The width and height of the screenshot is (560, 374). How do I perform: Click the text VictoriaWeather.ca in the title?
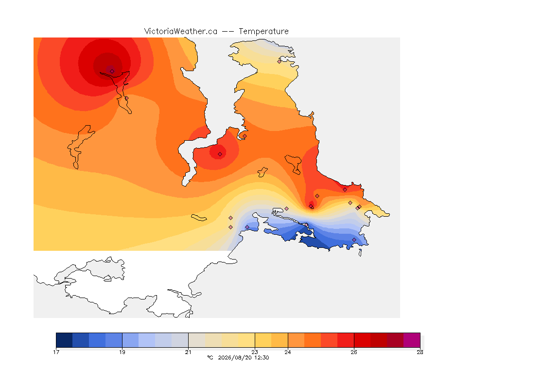point(181,32)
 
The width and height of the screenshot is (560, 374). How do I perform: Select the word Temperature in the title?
point(263,32)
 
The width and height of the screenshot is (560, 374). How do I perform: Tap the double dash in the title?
point(228,32)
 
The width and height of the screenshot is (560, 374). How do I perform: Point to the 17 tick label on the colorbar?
point(56,352)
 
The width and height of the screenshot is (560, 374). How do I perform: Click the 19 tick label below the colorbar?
point(122,352)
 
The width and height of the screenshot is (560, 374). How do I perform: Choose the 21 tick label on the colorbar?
point(188,352)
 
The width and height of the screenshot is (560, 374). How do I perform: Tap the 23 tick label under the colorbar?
point(255,352)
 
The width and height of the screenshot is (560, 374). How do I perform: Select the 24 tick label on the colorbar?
point(287,352)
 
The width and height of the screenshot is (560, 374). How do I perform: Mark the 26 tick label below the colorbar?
point(353,352)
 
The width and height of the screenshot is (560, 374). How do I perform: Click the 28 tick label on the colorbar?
point(420,352)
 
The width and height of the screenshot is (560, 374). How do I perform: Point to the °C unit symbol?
point(210,357)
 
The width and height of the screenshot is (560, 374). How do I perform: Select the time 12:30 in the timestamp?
point(262,357)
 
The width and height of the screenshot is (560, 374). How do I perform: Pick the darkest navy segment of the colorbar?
point(64,340)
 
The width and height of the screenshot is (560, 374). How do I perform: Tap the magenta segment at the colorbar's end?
point(412,340)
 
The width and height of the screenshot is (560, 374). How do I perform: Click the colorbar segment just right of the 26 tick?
point(362,340)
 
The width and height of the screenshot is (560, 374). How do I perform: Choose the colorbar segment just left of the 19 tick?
point(114,340)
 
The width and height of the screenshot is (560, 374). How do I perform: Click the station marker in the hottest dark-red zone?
point(112,71)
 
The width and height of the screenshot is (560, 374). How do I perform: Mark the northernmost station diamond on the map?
point(280,61)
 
